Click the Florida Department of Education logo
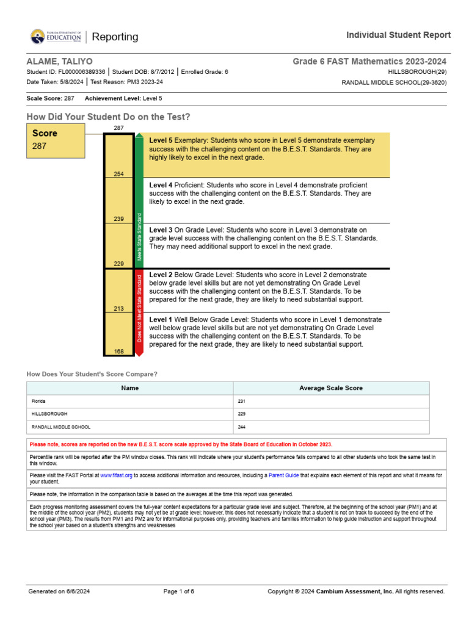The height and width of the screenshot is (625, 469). pyautogui.click(x=56, y=37)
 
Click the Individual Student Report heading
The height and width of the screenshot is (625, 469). pyautogui.click(x=399, y=35)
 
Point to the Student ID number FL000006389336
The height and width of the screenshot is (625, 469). pyautogui.click(x=82, y=72)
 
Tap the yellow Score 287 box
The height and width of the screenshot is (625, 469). pyautogui.click(x=56, y=140)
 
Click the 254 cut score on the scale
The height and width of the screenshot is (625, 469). pyautogui.click(x=118, y=175)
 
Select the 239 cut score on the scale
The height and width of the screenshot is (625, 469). pyautogui.click(x=118, y=219)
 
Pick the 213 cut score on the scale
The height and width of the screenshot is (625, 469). pyautogui.click(x=118, y=309)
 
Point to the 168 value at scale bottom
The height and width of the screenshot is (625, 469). pyautogui.click(x=118, y=352)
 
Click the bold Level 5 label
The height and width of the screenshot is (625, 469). pyautogui.click(x=161, y=140)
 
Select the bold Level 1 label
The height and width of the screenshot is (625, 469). pyautogui.click(x=161, y=319)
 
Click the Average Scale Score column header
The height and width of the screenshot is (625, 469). pyautogui.click(x=331, y=388)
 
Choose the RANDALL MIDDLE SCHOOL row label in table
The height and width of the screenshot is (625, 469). pyautogui.click(x=61, y=427)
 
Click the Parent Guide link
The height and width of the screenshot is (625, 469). pyautogui.click(x=286, y=475)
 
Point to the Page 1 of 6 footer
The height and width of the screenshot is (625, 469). pyautogui.click(x=179, y=591)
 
